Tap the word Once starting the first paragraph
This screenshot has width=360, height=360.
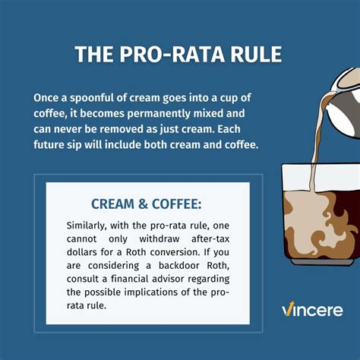click(x=47, y=99)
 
